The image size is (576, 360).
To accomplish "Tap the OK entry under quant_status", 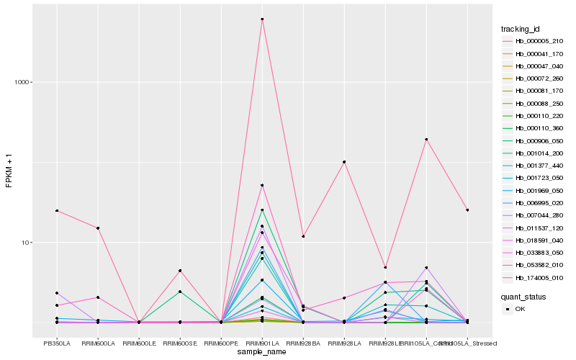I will click(x=519, y=309).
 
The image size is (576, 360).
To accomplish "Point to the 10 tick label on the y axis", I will click(x=28, y=243).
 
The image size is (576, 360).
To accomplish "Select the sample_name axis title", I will click(x=262, y=352).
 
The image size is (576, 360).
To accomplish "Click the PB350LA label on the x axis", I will click(x=57, y=343).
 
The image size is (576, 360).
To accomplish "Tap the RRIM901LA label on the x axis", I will click(x=262, y=343).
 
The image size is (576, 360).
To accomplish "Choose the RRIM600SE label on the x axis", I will click(x=180, y=343).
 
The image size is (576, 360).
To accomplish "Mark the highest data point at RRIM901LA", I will click(x=262, y=19).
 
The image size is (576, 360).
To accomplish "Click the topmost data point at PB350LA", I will click(x=57, y=211).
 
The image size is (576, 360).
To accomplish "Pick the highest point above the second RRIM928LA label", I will click(x=344, y=162).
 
